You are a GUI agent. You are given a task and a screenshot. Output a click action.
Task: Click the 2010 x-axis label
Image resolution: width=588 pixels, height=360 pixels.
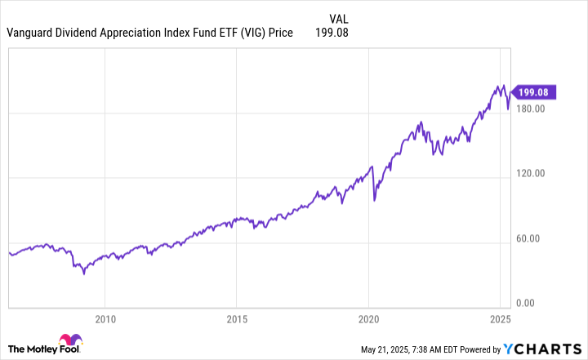105,318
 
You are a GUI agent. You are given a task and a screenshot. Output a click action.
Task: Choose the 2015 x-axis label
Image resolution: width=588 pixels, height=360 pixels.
237,318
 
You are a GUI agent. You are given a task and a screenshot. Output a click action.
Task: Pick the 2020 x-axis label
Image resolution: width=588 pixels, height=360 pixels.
369,318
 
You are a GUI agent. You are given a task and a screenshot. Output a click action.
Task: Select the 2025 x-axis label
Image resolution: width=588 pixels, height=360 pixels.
500,318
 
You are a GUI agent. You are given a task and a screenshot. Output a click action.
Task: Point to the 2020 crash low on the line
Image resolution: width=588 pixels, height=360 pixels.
374,199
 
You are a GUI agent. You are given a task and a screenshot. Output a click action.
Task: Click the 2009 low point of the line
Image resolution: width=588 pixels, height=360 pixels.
83,273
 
